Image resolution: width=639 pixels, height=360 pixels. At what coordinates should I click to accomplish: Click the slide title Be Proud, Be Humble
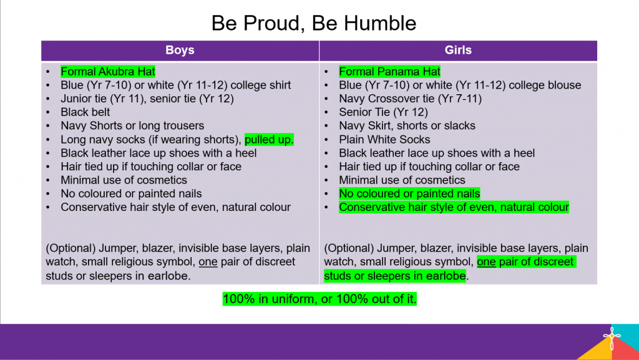pos(313,23)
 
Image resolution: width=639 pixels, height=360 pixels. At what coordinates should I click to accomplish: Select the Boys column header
pos(180,50)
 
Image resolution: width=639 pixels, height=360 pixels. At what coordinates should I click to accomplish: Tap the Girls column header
pos(458,50)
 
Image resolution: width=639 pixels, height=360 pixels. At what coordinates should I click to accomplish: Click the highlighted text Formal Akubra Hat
pos(108,72)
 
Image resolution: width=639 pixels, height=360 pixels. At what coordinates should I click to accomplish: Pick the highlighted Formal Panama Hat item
pos(389,72)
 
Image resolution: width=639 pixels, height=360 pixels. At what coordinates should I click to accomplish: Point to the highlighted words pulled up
pos(269,140)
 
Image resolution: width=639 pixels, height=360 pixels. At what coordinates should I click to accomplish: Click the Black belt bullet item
pos(85,112)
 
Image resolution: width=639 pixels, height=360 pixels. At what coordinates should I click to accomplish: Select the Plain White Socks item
pos(384,139)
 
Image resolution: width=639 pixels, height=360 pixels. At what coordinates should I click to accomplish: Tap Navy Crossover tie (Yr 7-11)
pos(411,99)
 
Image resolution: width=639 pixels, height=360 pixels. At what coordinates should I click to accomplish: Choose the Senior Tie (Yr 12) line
pos(384,112)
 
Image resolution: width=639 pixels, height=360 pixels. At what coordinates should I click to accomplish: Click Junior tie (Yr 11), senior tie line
pos(147,99)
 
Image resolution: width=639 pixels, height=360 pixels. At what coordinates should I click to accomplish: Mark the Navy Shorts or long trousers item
pos(132,126)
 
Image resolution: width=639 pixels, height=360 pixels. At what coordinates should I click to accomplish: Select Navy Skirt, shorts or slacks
pos(407,126)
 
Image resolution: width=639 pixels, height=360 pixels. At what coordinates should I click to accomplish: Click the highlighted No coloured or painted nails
pos(409,193)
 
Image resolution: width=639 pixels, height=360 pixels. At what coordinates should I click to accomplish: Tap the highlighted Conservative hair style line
pos(454,207)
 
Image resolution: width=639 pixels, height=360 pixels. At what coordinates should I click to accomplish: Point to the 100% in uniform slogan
pos(319,299)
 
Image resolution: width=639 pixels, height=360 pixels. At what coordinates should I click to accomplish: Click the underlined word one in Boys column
pos(208,262)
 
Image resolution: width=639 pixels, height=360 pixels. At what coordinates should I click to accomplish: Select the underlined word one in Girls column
pos(486,262)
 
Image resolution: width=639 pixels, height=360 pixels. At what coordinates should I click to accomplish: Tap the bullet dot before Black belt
pos(48,112)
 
